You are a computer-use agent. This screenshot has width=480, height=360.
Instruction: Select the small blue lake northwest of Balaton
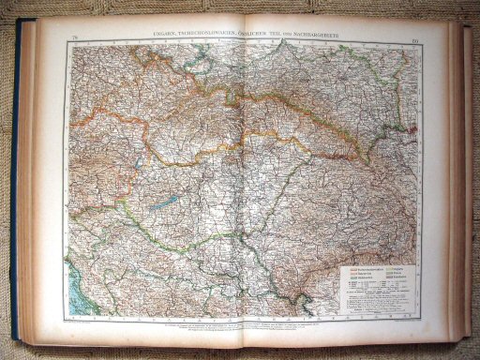(139, 161)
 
